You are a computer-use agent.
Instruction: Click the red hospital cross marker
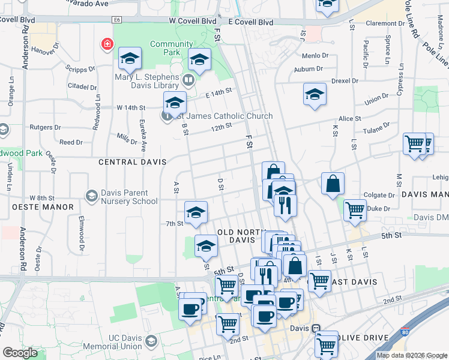tap(107, 44)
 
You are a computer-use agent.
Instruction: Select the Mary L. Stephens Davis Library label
tap(146, 81)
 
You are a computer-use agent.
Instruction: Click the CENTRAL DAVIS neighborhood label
tap(127, 162)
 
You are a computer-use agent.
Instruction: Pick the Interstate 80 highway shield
tap(405, 331)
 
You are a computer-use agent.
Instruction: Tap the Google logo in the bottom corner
tap(20, 353)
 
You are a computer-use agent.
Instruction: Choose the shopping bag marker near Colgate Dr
tap(333, 184)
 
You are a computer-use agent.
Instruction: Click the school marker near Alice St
tap(315, 95)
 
